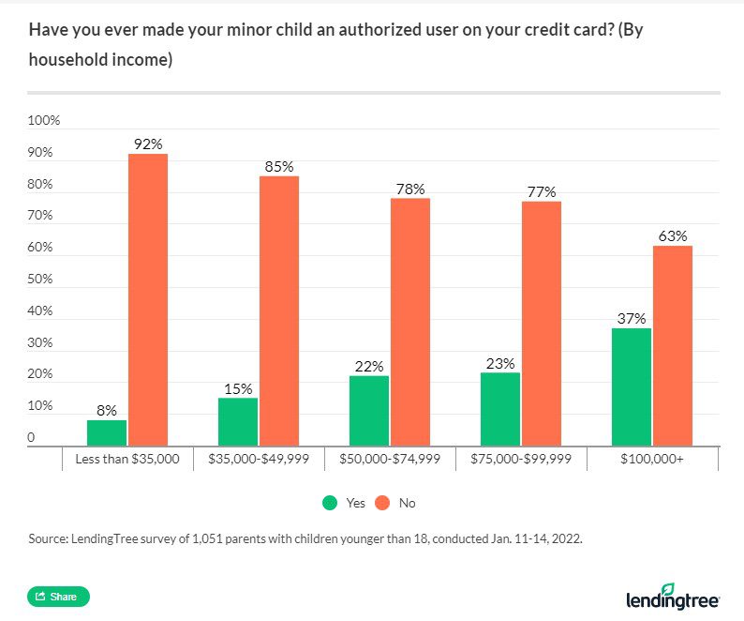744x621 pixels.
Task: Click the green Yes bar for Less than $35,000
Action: click(x=107, y=432)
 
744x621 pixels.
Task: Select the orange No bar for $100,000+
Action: click(x=672, y=345)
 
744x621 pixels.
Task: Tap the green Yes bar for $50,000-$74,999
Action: click(x=369, y=410)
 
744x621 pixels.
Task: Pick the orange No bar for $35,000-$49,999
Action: click(x=278, y=310)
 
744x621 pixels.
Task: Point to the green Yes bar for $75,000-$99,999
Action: click(x=500, y=408)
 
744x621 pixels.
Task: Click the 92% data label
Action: click(x=148, y=144)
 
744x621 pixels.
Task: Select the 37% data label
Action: click(x=632, y=318)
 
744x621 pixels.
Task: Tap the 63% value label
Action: click(x=673, y=235)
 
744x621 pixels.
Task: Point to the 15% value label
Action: click(x=238, y=388)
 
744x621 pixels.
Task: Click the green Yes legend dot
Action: click(x=330, y=503)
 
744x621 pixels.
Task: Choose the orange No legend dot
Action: click(x=382, y=503)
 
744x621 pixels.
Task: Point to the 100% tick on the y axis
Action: click(x=44, y=121)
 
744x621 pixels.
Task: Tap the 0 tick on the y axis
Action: click(x=32, y=437)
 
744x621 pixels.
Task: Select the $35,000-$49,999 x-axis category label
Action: click(x=259, y=459)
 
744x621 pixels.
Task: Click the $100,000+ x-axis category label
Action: click(x=652, y=459)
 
